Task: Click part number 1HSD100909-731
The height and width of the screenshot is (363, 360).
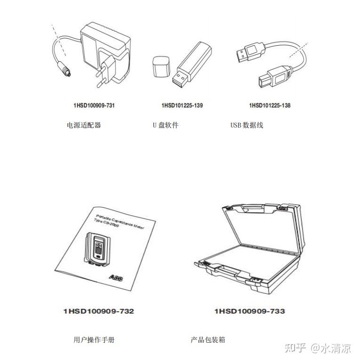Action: pos(94,105)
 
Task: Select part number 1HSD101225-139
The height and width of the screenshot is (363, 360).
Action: pos(182,105)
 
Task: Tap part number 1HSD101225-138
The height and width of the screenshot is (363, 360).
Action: pos(270,105)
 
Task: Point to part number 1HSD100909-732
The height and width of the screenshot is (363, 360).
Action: pos(99,311)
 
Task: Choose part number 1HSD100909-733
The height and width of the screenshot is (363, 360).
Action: pos(249,311)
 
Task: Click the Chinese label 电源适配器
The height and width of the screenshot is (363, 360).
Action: pos(84,125)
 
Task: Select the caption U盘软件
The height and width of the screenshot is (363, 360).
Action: pos(165,125)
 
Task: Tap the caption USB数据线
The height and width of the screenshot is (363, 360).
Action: pos(247,125)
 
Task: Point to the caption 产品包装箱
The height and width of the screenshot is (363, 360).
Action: pos(208,339)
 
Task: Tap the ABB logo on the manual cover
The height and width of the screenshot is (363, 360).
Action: pos(116,278)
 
